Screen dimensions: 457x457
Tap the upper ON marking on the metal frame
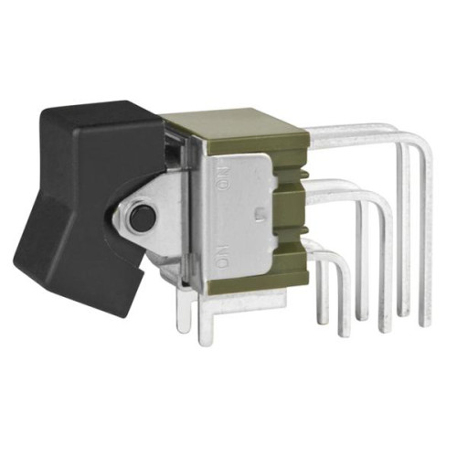pos(225,177)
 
